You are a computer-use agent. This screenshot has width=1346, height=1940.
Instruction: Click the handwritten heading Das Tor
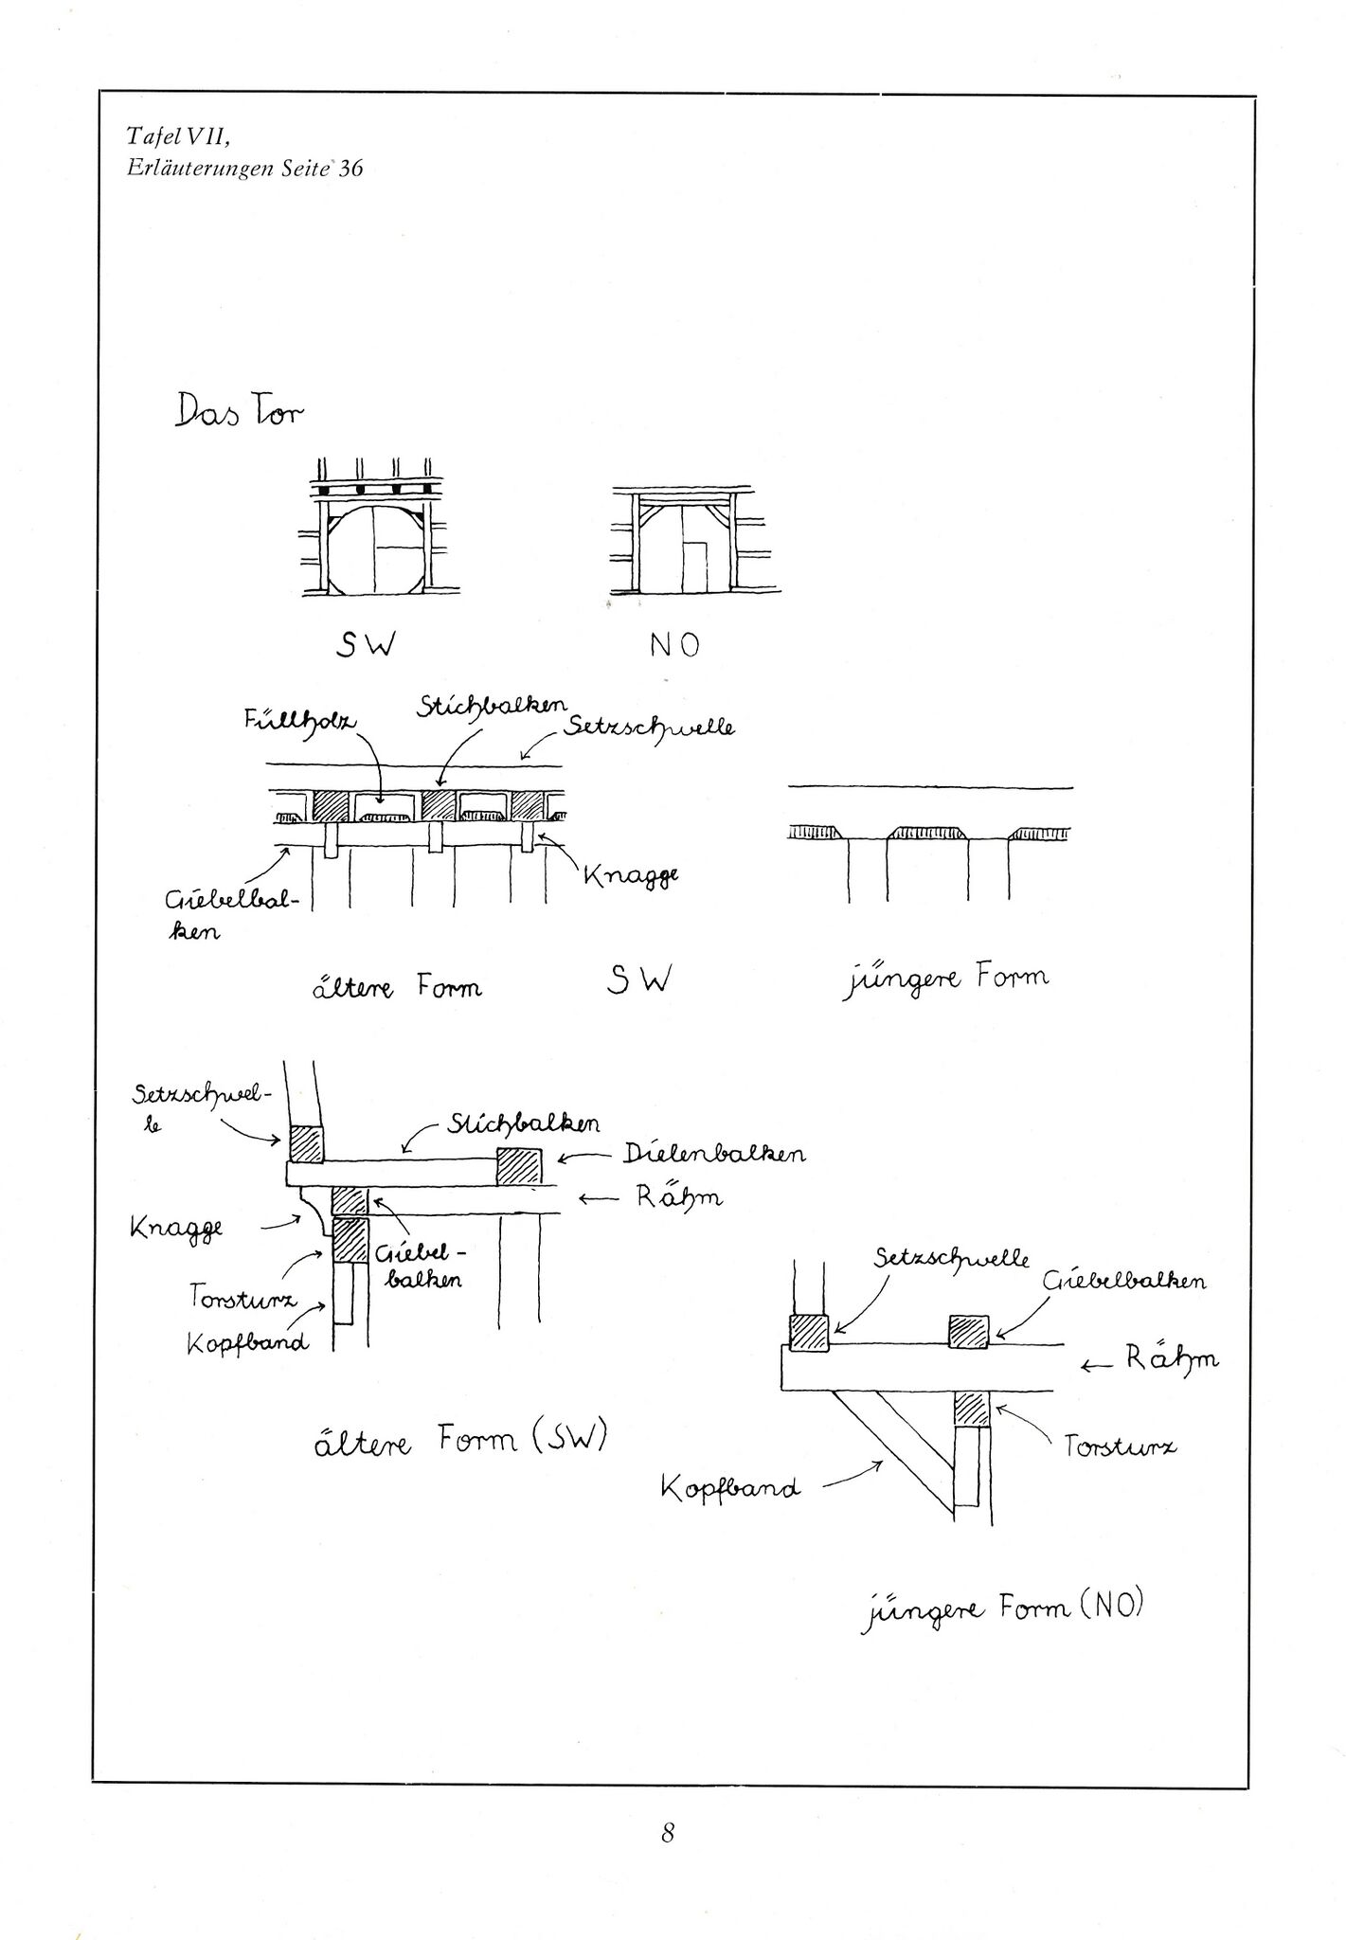(239, 411)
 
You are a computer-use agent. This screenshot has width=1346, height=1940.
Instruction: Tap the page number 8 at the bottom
(667, 1833)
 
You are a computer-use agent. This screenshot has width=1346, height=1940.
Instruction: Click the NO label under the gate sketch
(674, 645)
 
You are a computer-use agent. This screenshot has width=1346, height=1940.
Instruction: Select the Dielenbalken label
(714, 1154)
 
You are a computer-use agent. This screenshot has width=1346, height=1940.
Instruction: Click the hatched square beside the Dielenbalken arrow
(519, 1165)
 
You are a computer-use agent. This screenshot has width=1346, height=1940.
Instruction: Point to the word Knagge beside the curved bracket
(176, 1229)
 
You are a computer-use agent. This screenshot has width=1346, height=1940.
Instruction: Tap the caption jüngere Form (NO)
(1002, 1609)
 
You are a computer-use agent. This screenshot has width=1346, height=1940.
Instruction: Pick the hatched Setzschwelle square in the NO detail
(808, 1333)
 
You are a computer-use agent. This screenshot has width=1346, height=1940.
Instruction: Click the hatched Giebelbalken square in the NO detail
(968, 1331)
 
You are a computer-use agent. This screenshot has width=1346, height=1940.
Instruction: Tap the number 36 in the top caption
(350, 170)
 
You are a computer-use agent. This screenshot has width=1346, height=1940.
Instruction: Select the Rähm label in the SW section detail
(678, 1196)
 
